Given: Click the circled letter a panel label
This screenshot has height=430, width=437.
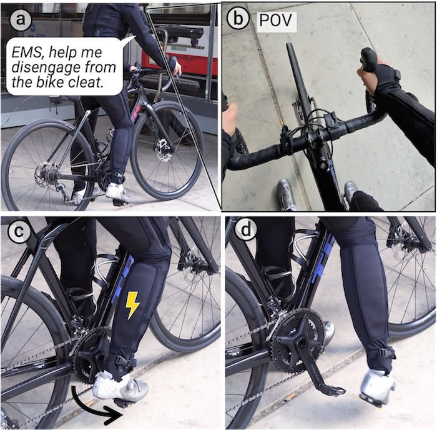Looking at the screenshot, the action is point(20,20).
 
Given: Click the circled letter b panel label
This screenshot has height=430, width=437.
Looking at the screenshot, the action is point(238,19).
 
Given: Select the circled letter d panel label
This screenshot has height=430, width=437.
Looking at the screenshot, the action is point(246,231).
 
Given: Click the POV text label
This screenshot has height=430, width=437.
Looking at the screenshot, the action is point(276,20).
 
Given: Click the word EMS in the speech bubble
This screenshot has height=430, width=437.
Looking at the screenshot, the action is point(27,52).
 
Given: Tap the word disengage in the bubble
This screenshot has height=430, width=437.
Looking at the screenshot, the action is point(46,67).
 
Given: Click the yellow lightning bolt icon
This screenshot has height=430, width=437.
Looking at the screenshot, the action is point(132,305).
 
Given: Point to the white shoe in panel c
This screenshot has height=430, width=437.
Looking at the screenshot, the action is point(120,386).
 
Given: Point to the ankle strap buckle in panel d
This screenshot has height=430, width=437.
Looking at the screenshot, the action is point(387,353).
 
